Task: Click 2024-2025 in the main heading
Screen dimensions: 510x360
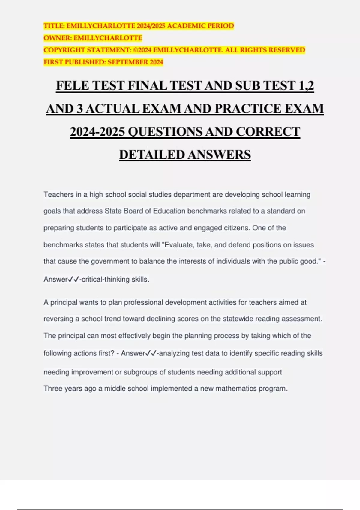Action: [97, 132]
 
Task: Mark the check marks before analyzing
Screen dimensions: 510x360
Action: [151, 353]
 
